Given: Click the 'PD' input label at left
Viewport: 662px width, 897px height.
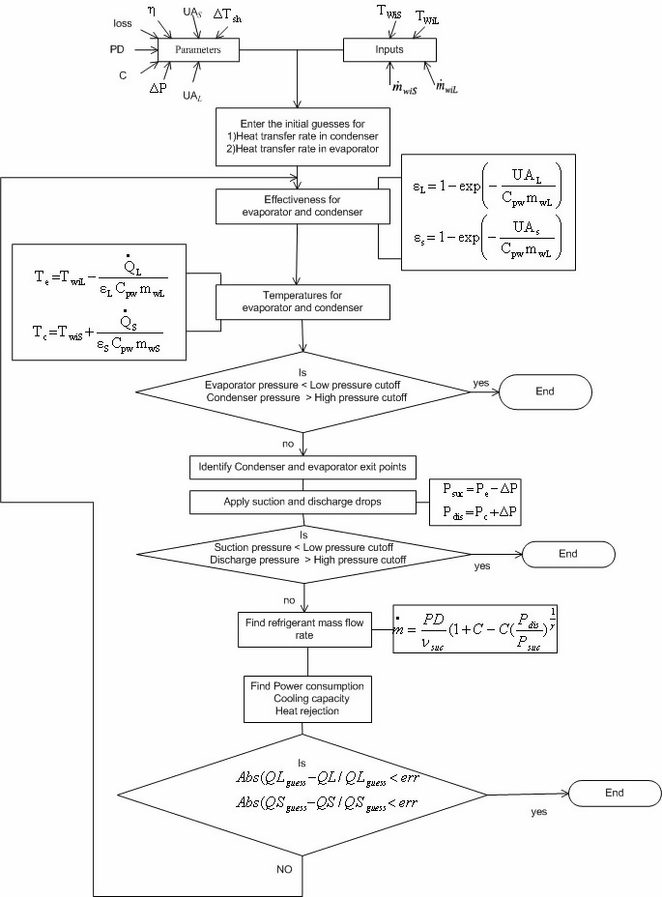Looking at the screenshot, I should click(x=117, y=48).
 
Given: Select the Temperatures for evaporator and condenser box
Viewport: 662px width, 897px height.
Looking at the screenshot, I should click(x=303, y=302).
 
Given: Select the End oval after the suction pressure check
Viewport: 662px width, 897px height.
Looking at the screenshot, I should click(x=567, y=554).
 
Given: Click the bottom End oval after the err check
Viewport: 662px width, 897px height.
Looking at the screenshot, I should click(x=616, y=792).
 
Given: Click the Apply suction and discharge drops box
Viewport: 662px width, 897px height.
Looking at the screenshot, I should click(x=302, y=502).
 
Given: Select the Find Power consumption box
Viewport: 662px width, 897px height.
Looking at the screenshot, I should click(x=306, y=697).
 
